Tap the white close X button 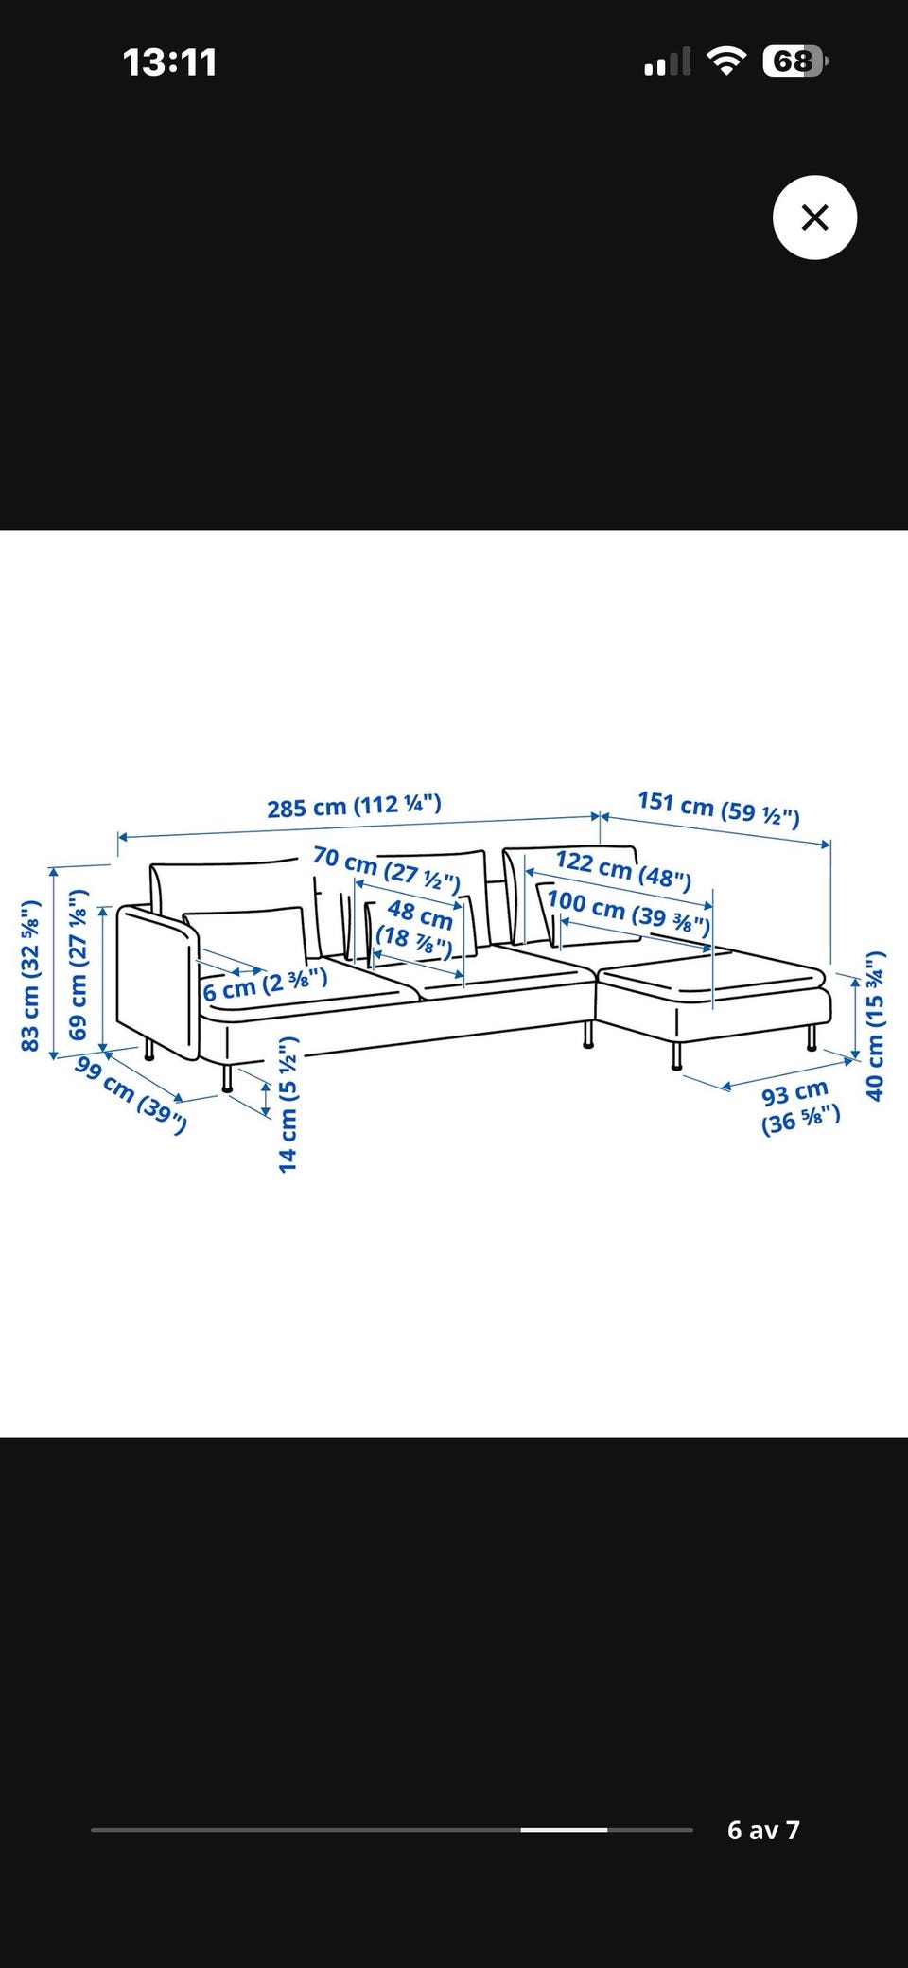pos(814,218)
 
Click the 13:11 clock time pos(170,62)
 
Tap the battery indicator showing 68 pos(795,61)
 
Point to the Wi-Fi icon pos(726,62)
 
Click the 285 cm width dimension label pos(354,807)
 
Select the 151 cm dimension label pos(719,808)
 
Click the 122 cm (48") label pos(623,869)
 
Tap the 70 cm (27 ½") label pos(386,869)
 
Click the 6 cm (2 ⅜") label pos(265,984)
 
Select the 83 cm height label pos(30,974)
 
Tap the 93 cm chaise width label pos(800,1107)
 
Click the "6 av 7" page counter pos(763,1830)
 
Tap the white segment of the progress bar pos(564,1830)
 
